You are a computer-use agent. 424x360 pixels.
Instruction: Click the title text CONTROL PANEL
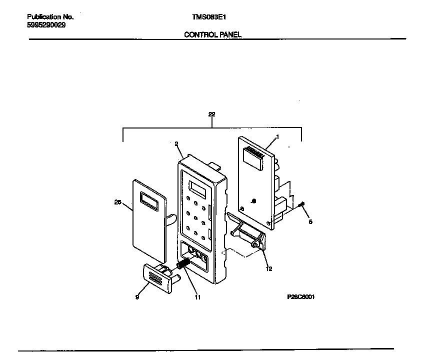[x=212, y=34]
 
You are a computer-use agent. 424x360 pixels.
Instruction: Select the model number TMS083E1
[x=208, y=16]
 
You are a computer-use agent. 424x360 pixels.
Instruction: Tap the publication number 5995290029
[x=46, y=24]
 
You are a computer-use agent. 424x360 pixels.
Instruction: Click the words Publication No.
[x=50, y=16]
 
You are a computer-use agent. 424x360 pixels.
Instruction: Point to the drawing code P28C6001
[x=300, y=296]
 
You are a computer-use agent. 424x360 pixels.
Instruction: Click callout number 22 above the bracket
[x=211, y=114]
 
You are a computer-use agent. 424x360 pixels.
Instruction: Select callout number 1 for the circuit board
[x=277, y=136]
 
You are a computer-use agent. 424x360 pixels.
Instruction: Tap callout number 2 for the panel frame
[x=176, y=143]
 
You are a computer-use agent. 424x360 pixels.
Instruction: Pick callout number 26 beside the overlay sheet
[x=118, y=202]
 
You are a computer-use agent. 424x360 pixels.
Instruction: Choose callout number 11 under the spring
[x=197, y=297]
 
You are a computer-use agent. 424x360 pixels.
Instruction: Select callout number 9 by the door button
[x=137, y=297]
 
